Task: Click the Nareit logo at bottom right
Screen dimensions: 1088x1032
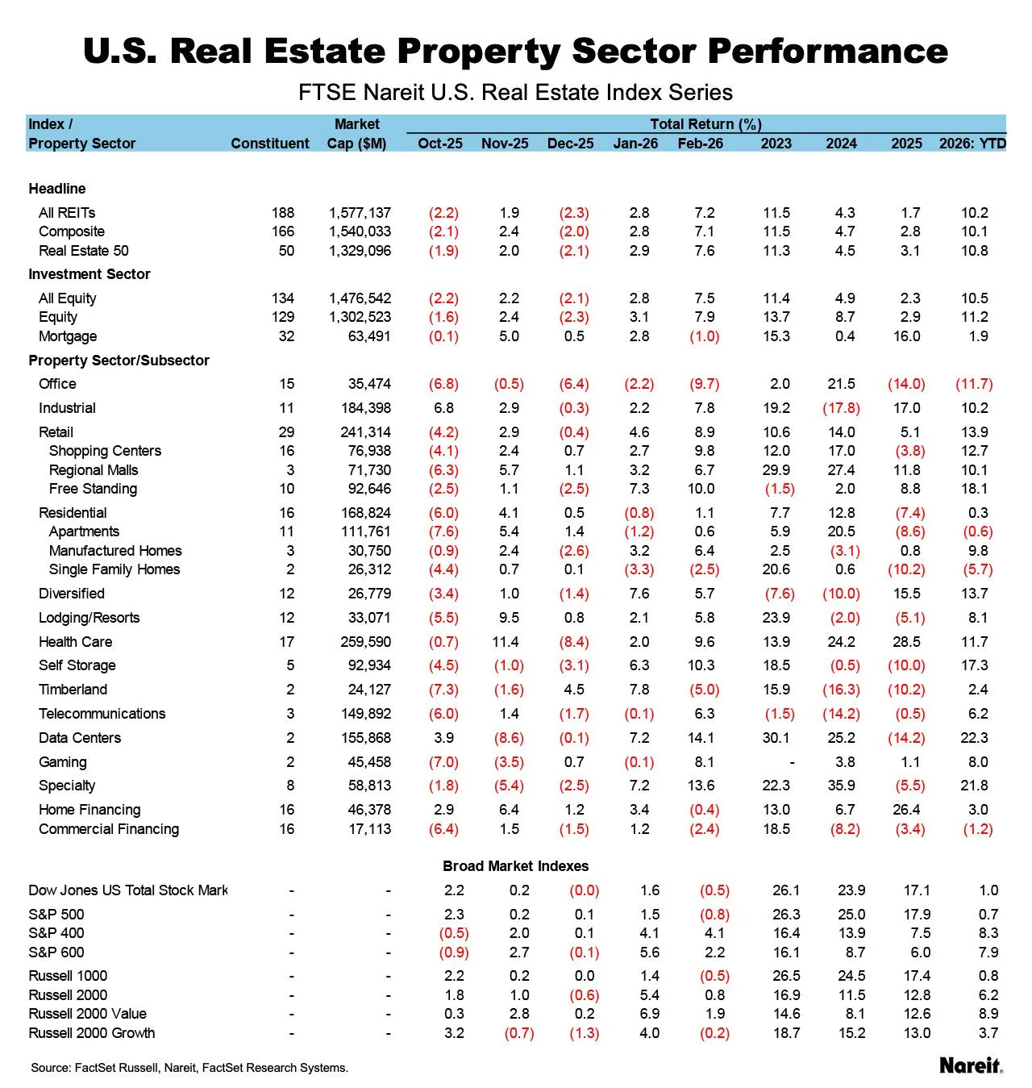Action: tap(971, 1065)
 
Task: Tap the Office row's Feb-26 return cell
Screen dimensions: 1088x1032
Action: tap(704, 384)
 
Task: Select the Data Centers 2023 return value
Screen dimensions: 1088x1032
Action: tap(776, 738)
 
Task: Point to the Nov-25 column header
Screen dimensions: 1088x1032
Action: tap(505, 144)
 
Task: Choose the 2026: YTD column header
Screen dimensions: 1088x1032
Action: tap(972, 144)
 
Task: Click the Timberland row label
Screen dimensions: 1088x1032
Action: tap(73, 690)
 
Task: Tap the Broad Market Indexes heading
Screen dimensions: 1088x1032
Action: tap(515, 866)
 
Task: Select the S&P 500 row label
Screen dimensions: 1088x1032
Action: tap(56, 915)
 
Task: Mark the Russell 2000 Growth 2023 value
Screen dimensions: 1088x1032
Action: tap(786, 1033)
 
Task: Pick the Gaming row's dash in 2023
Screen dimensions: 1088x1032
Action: tap(793, 762)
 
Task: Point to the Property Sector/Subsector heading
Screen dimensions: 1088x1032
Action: tap(119, 361)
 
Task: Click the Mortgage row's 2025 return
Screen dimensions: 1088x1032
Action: tap(906, 336)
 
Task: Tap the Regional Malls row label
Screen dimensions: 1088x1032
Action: tap(94, 470)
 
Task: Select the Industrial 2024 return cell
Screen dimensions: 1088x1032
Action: tap(841, 408)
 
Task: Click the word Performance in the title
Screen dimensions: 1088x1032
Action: tap(827, 51)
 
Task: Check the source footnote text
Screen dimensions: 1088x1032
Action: tap(189, 1068)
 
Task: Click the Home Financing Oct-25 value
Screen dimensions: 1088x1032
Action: tap(443, 810)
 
